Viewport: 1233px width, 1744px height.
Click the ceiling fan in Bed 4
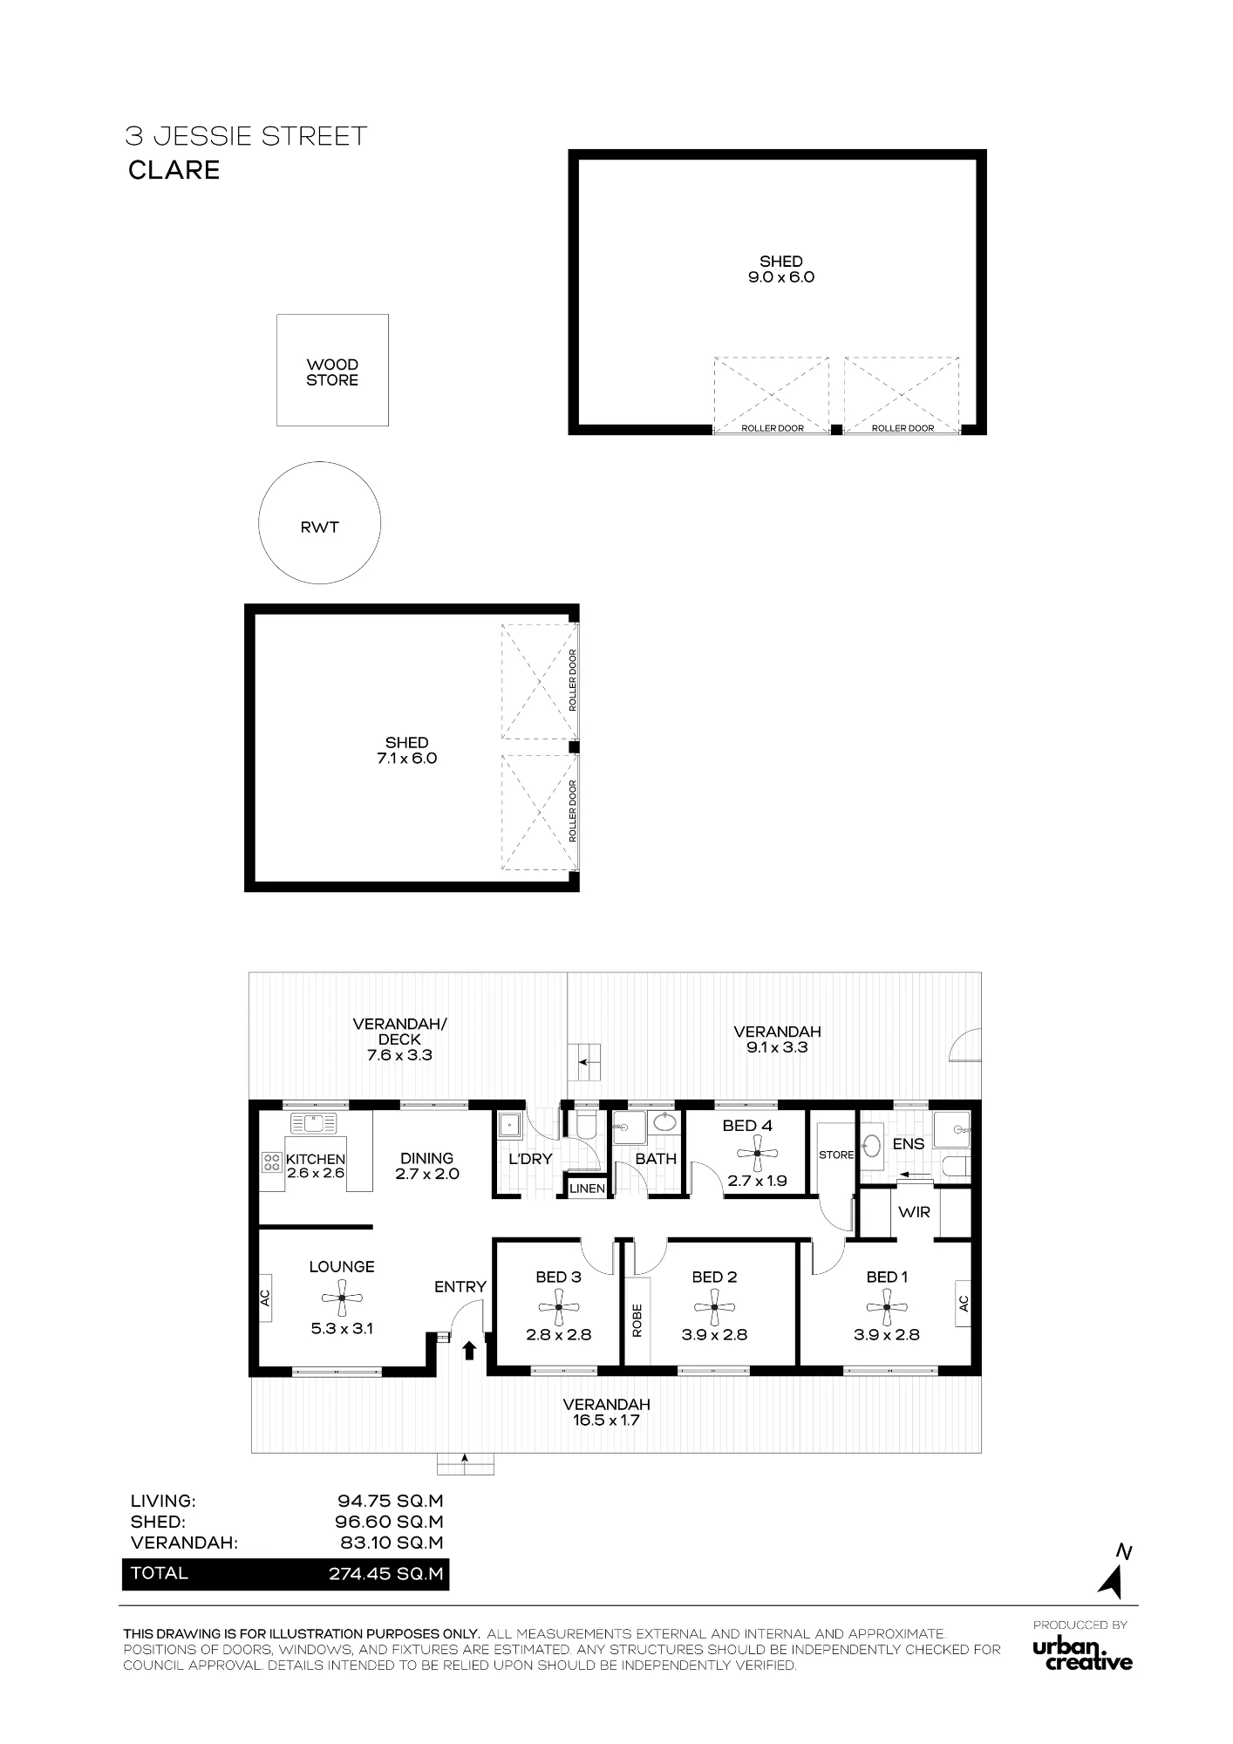[757, 1153]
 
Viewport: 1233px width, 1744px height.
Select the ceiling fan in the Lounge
[342, 1298]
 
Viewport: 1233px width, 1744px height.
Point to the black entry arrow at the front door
[469, 1351]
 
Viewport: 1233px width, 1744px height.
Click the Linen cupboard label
[587, 1189]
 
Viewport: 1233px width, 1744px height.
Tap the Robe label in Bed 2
[637, 1321]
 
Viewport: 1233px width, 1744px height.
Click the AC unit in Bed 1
[964, 1303]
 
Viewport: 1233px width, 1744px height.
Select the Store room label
[836, 1155]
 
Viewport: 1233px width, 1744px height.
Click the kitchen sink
[314, 1123]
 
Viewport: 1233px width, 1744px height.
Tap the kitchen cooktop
[269, 1161]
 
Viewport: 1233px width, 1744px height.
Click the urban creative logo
[1082, 1655]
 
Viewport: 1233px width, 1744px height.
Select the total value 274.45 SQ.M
[386, 1574]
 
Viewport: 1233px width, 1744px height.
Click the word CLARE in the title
[174, 170]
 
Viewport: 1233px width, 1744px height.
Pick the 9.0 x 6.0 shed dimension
[781, 277]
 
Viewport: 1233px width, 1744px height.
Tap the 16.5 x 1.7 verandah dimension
[607, 1420]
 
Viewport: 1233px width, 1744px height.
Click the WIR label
[914, 1212]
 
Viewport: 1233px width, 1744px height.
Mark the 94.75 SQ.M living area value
[391, 1501]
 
